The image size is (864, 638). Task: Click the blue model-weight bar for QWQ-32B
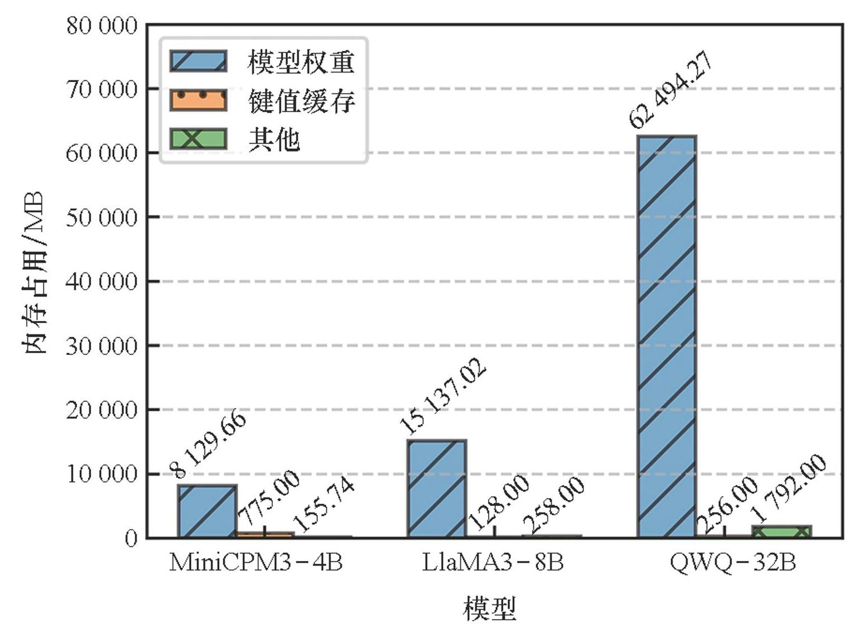click(x=667, y=335)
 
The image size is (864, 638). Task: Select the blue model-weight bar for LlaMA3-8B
click(x=436, y=488)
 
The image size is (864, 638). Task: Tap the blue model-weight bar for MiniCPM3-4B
click(x=207, y=511)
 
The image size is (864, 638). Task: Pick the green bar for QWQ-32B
click(x=781, y=531)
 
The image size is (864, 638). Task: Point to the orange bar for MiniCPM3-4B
click(x=265, y=535)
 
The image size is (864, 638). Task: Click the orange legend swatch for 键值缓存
click(x=199, y=100)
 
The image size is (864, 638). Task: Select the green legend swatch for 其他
click(x=199, y=138)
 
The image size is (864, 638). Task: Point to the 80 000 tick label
click(x=102, y=26)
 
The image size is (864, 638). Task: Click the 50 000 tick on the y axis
click(x=102, y=217)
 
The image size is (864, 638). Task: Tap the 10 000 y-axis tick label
click(x=102, y=474)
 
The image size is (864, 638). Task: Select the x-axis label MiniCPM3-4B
click(x=256, y=563)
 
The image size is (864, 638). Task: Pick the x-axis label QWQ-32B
click(x=732, y=563)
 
